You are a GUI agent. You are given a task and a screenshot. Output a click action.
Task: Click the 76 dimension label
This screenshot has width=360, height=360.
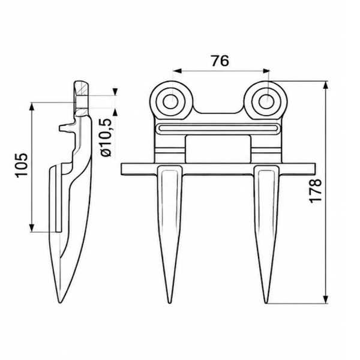coord(220,61)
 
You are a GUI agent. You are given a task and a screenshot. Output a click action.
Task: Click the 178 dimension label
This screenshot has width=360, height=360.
coord(315,191)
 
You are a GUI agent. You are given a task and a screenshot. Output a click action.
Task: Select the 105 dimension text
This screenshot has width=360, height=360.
coord(22,164)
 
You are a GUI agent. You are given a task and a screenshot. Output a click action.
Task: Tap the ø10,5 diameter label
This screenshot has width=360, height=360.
coord(106,138)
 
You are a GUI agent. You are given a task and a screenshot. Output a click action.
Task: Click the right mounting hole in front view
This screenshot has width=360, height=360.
coord(267,101)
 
